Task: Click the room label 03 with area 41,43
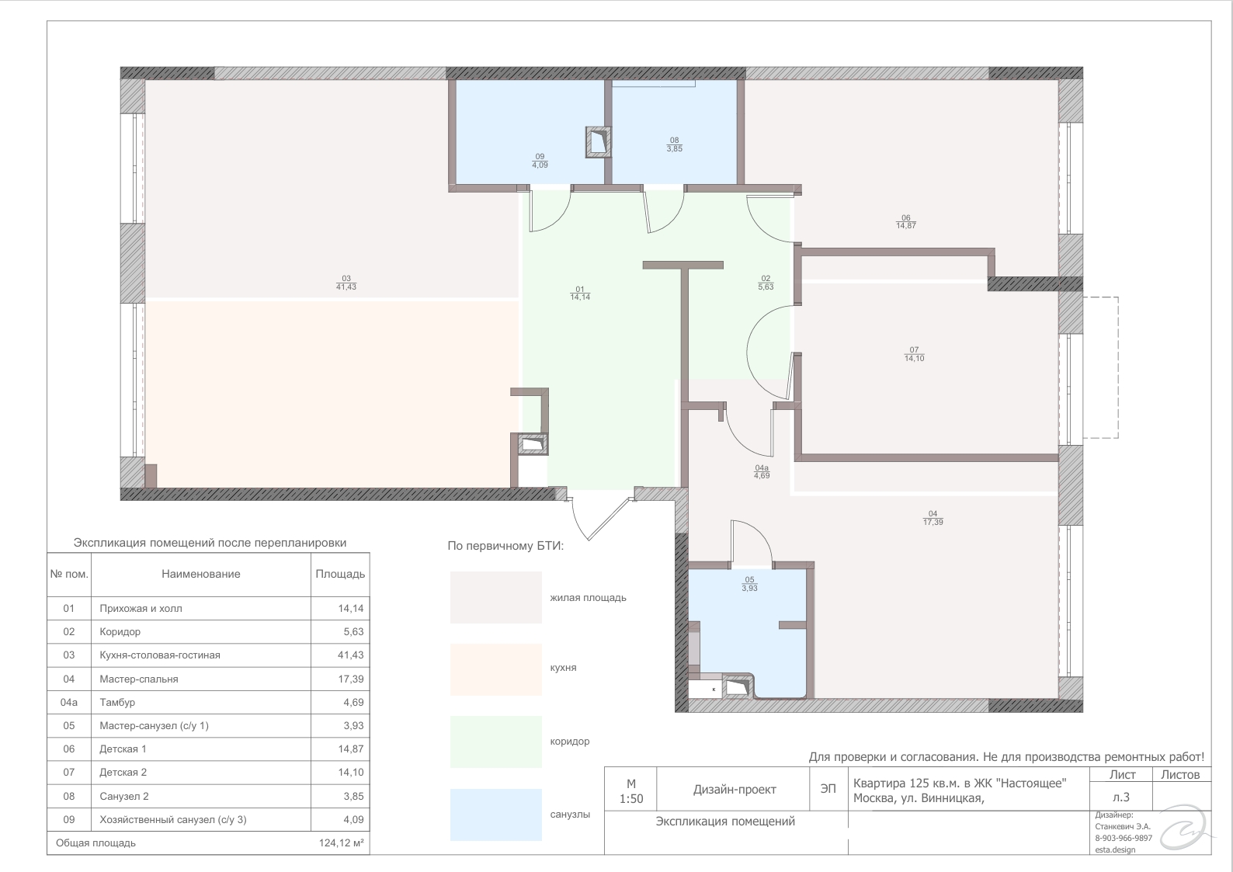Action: [x=346, y=283]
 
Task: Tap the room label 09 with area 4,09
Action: [x=540, y=161]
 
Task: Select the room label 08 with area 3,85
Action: [x=674, y=144]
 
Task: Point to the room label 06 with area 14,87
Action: [x=906, y=221]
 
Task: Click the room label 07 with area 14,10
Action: [x=915, y=354]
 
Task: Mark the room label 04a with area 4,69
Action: [x=762, y=472]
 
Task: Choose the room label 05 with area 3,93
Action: [x=750, y=584]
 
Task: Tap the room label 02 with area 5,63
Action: [x=766, y=283]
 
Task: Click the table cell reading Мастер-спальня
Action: [x=139, y=679]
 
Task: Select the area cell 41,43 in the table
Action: [x=351, y=655]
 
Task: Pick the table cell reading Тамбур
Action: [x=117, y=703]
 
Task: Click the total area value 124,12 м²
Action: [x=342, y=842]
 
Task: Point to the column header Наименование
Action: [x=201, y=574]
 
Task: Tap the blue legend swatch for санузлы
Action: [x=496, y=815]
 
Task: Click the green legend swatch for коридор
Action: [x=496, y=742]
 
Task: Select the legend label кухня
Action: [x=563, y=668]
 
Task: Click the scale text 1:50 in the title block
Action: [x=630, y=799]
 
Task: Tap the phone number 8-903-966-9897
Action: [x=1124, y=838]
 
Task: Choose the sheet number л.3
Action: [x=1120, y=797]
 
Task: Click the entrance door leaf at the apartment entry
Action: [x=610, y=519]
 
